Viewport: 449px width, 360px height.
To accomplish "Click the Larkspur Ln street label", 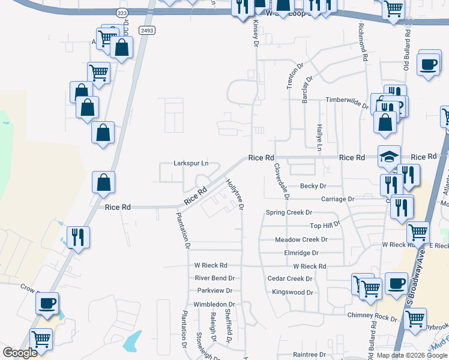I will tap(191, 163).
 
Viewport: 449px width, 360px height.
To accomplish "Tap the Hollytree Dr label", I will tap(234, 194).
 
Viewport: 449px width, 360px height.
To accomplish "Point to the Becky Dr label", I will tap(313, 186).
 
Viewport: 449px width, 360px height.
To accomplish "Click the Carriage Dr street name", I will tap(337, 199).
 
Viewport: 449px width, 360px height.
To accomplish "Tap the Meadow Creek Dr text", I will tap(301, 239).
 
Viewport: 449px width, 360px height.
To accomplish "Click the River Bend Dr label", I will tap(214, 278).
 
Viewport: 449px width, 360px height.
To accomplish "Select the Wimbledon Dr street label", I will tap(215, 304).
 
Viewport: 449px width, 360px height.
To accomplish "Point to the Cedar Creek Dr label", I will tap(290, 278).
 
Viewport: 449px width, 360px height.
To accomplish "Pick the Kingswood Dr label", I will tap(293, 292).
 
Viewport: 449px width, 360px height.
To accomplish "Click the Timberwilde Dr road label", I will tap(346, 101).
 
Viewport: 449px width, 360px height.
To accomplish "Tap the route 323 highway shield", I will tap(122, 13).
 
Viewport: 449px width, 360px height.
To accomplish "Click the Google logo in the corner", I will tap(20, 353).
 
